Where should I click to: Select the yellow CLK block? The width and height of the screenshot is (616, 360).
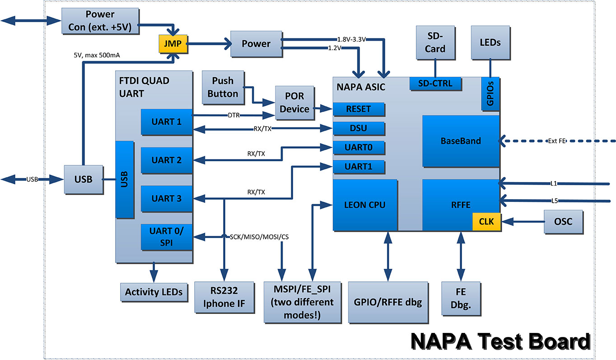pyautogui.click(x=486, y=222)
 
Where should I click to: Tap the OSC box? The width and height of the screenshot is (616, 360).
pyautogui.click(x=563, y=221)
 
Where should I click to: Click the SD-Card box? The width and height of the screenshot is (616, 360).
pyautogui.click(x=435, y=43)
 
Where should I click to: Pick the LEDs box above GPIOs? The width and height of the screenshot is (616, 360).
pyautogui.click(x=490, y=42)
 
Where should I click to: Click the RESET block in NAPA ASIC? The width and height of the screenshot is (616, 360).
pyautogui.click(x=359, y=109)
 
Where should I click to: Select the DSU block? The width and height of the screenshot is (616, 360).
pyautogui.click(x=359, y=128)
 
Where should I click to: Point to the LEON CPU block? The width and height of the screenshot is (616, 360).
pyautogui.click(x=365, y=205)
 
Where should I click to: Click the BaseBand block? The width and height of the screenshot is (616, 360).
pyautogui.click(x=460, y=141)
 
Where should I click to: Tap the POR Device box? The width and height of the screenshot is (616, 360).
pyautogui.click(x=294, y=103)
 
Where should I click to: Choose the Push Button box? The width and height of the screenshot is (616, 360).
pyautogui.click(x=223, y=87)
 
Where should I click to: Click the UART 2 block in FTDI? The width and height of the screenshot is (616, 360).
pyautogui.click(x=166, y=160)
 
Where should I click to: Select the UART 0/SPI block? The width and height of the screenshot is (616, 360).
pyautogui.click(x=166, y=237)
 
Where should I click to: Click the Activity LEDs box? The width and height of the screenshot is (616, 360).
pyautogui.click(x=154, y=292)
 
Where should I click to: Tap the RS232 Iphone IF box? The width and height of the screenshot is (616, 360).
pyautogui.click(x=220, y=297)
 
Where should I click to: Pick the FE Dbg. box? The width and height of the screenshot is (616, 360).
pyautogui.click(x=461, y=299)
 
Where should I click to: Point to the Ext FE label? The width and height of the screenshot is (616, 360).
pyautogui.click(x=556, y=141)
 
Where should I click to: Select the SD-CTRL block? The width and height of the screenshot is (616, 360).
pyautogui.click(x=436, y=84)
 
